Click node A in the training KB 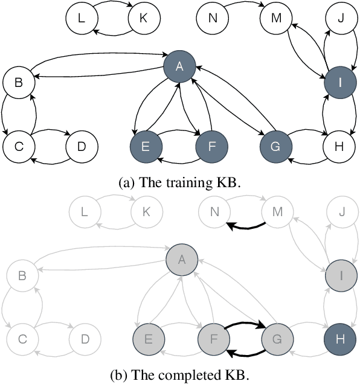(x=179, y=68)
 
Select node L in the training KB (x=82, y=18)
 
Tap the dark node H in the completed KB (x=339, y=339)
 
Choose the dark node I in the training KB (x=339, y=83)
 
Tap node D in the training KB (x=82, y=146)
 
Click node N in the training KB (x=212, y=18)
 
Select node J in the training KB (x=339, y=18)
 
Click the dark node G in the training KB (x=276, y=146)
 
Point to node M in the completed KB (x=276, y=211)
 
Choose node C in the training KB (x=19, y=146)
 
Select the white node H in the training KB (x=339, y=146)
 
